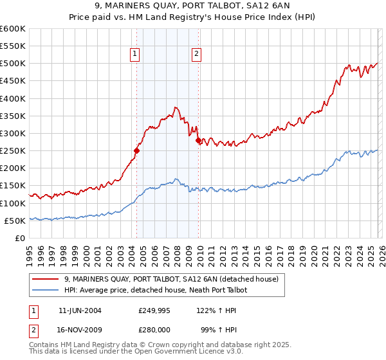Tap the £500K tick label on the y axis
pos(13,64)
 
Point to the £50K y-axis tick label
pos(15,221)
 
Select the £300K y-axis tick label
pos(13,133)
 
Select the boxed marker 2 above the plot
pos(196,55)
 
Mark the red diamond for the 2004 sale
pos(136,151)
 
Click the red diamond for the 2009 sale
pos(198,140)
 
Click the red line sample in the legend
pos(46,279)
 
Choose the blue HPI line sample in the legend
pos(46,291)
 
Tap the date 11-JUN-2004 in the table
pos(80,310)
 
